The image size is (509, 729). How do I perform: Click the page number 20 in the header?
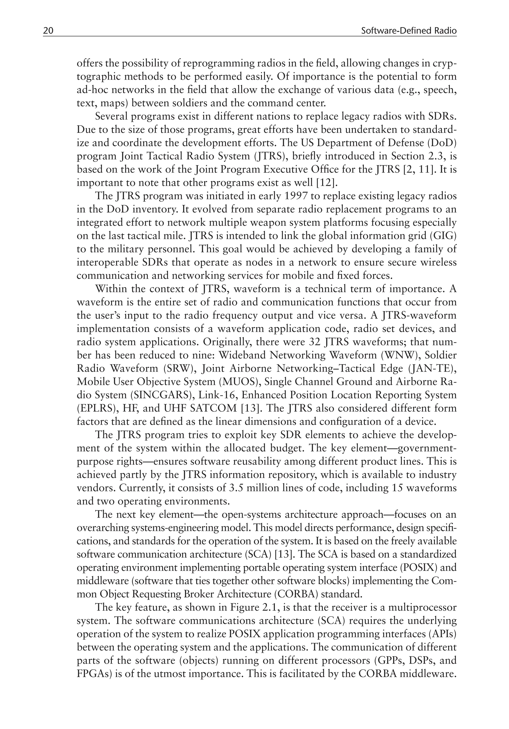[48, 31]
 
